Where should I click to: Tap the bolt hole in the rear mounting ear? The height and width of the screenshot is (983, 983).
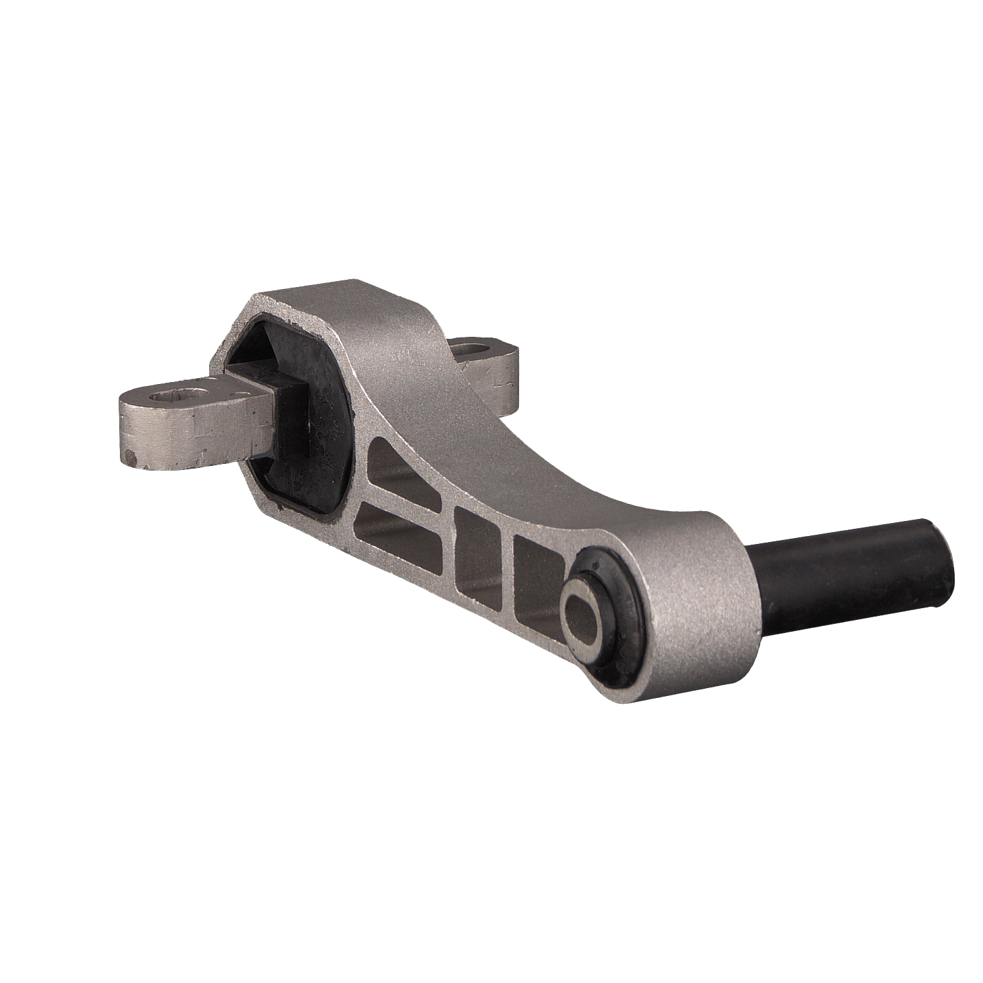pyautogui.click(x=473, y=348)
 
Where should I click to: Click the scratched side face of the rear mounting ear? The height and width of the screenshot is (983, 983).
pyautogui.click(x=501, y=380)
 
